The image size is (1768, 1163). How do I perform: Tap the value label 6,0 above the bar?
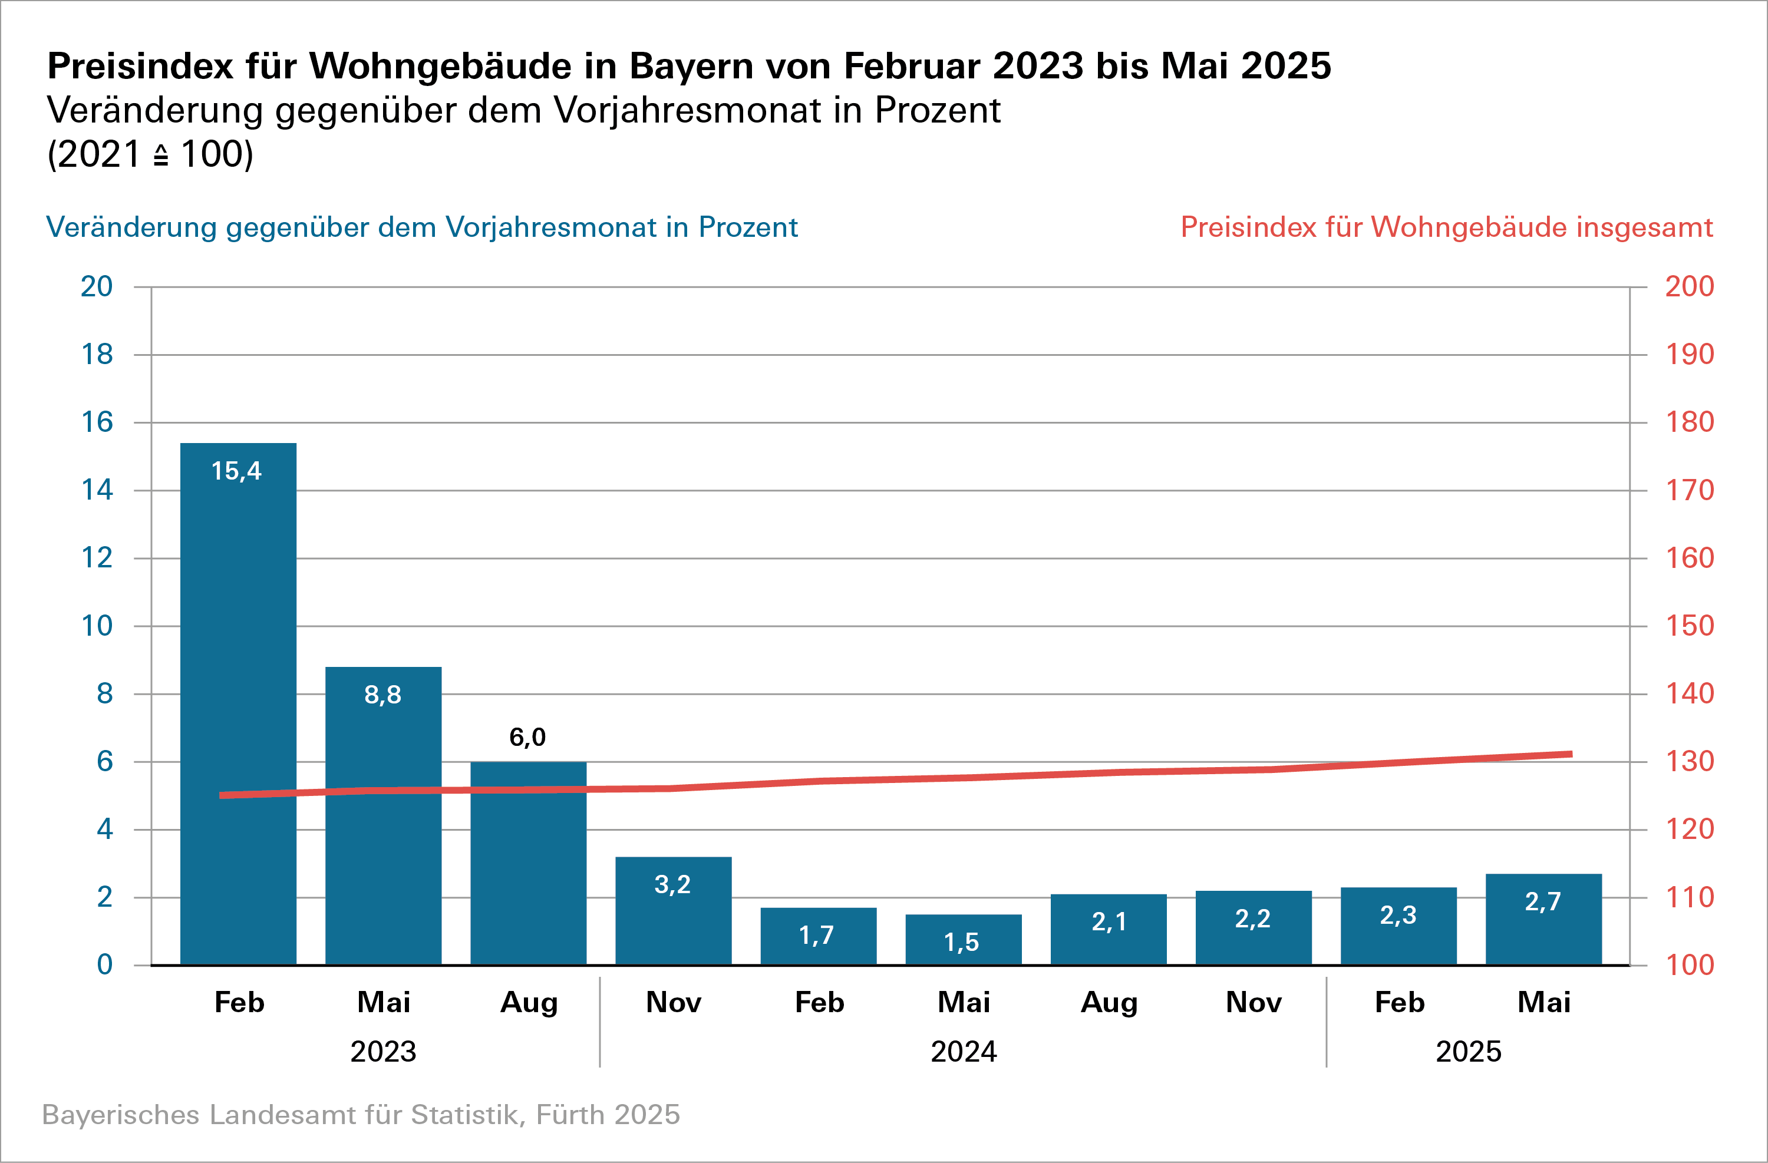[527, 738]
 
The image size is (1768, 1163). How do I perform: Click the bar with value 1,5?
[964, 941]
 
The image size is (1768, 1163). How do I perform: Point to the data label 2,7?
[1542, 901]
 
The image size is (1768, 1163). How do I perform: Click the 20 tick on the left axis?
[97, 287]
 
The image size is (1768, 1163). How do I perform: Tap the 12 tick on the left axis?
[97, 558]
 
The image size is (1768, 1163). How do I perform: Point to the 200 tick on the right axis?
[1689, 287]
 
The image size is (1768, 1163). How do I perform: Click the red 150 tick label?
[1689, 626]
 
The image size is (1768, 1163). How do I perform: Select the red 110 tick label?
[1689, 897]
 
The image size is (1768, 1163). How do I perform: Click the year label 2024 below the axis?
[964, 1052]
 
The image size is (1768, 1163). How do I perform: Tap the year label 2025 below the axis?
[1468, 1052]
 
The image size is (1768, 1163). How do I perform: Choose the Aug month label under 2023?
[528, 1003]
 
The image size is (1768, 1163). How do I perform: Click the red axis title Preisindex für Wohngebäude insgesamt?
[1446, 227]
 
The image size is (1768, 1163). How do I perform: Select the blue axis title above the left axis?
[421, 227]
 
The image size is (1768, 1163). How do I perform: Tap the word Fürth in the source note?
[570, 1115]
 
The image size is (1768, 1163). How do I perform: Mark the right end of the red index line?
[1571, 755]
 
